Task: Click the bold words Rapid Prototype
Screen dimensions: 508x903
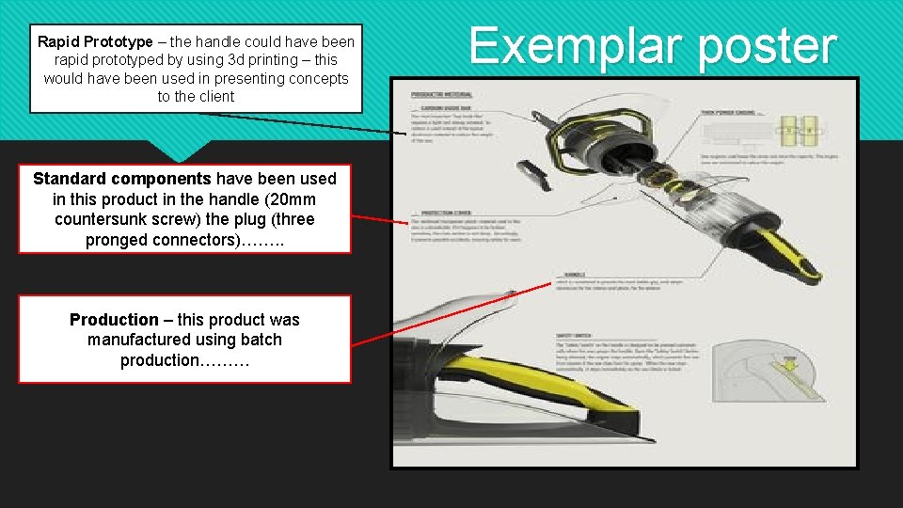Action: point(95,41)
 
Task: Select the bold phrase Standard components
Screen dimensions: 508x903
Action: point(122,178)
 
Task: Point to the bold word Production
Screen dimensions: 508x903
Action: point(114,319)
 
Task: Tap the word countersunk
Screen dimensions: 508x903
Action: point(103,219)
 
